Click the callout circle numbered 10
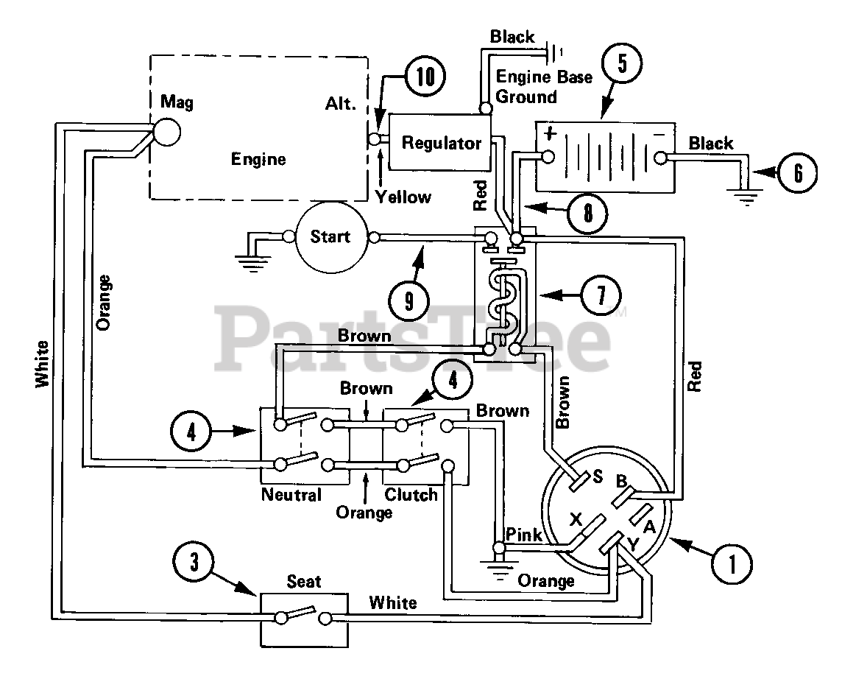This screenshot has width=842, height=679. (425, 76)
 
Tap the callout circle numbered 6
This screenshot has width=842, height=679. (798, 173)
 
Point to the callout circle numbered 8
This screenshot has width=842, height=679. (587, 213)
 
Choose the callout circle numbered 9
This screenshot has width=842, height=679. (409, 300)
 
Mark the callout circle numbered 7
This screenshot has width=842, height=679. (601, 295)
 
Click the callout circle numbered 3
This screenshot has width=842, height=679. (194, 563)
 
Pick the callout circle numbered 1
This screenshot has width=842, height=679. (732, 563)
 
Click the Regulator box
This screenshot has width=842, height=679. (439, 142)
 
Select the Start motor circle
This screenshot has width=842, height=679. (331, 237)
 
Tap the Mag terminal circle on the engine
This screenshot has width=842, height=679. (166, 132)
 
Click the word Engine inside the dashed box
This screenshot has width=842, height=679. (258, 160)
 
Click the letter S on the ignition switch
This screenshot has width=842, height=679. (597, 476)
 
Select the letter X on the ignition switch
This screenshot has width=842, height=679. (576, 519)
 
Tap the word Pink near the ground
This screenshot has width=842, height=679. (524, 535)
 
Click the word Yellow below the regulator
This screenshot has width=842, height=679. (403, 197)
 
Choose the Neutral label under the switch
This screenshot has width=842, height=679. (291, 495)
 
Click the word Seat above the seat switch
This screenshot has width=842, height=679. (304, 581)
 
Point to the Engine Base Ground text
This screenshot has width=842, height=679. (543, 86)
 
